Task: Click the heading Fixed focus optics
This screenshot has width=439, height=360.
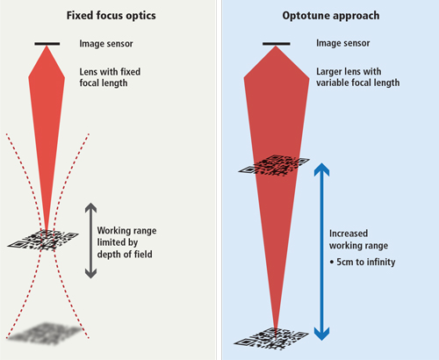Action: point(112,16)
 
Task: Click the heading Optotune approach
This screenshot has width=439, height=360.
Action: point(331,16)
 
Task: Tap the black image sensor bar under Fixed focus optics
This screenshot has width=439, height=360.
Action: point(47,44)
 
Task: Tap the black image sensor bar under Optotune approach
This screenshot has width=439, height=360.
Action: point(277,44)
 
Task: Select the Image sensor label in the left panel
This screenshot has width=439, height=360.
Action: point(106,44)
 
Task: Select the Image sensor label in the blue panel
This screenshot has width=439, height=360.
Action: point(343,43)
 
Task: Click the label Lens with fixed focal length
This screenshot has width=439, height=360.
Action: point(110,77)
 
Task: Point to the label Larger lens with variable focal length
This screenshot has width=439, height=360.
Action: point(357,77)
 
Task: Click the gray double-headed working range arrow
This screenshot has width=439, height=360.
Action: point(90,241)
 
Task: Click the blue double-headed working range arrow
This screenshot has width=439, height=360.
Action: point(321,252)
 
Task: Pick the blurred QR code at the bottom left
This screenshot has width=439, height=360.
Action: point(45,334)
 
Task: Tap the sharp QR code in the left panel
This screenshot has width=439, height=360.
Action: point(43,240)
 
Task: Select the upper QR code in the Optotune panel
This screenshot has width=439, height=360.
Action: point(274,166)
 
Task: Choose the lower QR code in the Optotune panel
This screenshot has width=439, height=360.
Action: point(271,339)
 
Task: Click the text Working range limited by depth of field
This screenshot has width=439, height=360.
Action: point(126,242)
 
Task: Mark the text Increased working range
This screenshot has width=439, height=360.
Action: point(358,240)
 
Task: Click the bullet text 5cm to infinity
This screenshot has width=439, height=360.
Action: point(363,262)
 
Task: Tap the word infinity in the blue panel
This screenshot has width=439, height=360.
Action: point(381,262)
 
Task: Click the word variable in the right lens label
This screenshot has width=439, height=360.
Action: point(332,83)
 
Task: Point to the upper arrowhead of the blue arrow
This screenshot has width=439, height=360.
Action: point(321,169)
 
